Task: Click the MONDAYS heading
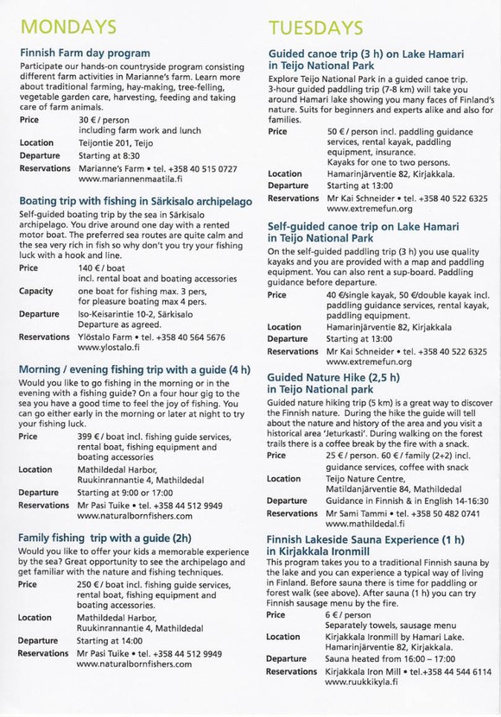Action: tap(67, 25)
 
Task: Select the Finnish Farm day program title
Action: tap(85, 53)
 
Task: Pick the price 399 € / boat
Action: tap(101, 437)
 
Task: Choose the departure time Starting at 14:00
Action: tap(111, 641)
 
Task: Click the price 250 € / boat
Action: tap(101, 584)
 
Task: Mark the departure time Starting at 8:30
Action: tap(108, 155)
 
